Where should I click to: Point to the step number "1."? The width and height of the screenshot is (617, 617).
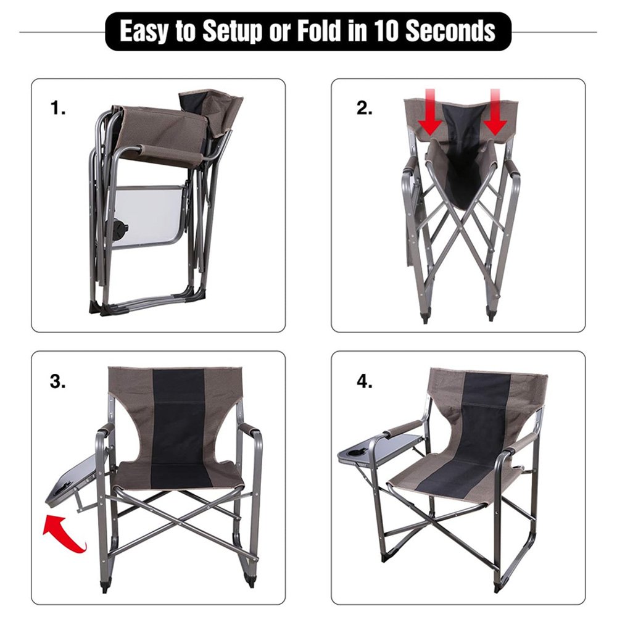(58, 107)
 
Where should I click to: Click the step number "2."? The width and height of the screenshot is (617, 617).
(365, 108)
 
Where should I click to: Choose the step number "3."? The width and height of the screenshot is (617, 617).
(57, 381)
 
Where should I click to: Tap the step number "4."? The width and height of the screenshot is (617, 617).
(365, 381)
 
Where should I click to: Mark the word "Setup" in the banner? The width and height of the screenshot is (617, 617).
(232, 32)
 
